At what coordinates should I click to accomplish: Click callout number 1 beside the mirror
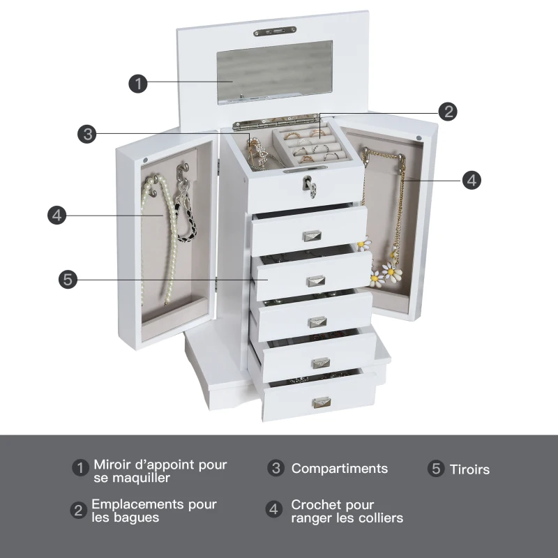[138, 84]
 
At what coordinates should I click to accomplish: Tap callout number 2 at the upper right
[448, 112]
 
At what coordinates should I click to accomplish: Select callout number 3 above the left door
[87, 134]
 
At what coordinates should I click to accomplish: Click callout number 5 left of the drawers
[68, 280]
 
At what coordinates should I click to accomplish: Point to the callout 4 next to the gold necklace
[472, 180]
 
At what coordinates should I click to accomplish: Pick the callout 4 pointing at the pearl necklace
[57, 216]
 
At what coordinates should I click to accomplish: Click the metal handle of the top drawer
[312, 236]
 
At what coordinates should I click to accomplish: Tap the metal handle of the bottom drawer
[322, 402]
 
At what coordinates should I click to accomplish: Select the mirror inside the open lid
[275, 73]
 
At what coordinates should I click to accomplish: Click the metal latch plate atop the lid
[275, 31]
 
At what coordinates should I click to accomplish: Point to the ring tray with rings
[313, 146]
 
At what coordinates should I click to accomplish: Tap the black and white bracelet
[186, 216]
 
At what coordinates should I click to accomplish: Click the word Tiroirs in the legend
[469, 469]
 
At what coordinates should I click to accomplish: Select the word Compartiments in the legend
[340, 469]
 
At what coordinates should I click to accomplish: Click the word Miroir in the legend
[114, 465]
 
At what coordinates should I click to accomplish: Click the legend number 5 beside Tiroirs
[436, 468]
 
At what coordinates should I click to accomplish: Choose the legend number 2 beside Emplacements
[78, 511]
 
